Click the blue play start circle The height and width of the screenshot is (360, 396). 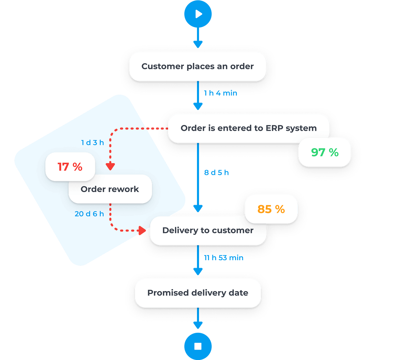pyautogui.click(x=198, y=14)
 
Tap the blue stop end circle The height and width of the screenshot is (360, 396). pyautogui.click(x=198, y=346)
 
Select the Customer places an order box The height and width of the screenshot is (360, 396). pyautogui.click(x=198, y=66)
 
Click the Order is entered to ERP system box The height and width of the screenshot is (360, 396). pyautogui.click(x=248, y=128)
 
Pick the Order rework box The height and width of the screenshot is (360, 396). pyautogui.click(x=110, y=189)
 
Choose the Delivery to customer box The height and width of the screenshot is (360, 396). pyautogui.click(x=208, y=230)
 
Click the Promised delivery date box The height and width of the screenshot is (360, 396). pyautogui.click(x=198, y=293)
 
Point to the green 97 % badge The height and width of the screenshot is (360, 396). pyautogui.click(x=324, y=152)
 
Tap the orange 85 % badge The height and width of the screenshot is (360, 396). pyautogui.click(x=271, y=209)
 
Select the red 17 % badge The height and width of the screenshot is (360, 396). pyautogui.click(x=70, y=167)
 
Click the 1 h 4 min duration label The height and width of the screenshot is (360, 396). pyautogui.click(x=220, y=93)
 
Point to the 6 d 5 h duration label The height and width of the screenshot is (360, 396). pyautogui.click(x=216, y=173)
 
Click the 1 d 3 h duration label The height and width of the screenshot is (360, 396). pyautogui.click(x=92, y=142)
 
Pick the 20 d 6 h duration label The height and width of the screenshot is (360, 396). pyautogui.click(x=89, y=214)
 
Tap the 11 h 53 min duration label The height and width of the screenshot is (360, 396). pyautogui.click(x=223, y=257)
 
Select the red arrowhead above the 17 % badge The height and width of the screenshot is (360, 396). pyautogui.click(x=110, y=166)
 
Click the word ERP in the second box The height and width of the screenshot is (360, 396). pyautogui.click(x=274, y=128)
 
